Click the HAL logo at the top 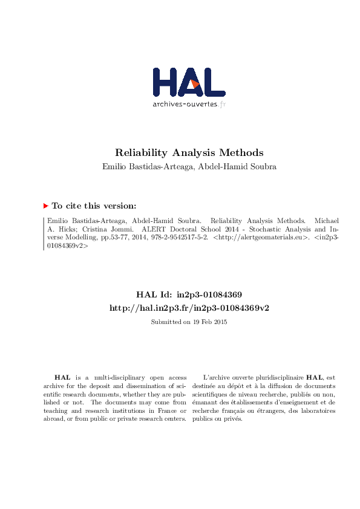tap(189, 82)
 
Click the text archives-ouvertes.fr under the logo tap(189, 104)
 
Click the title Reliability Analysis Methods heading tap(189, 153)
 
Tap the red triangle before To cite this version tap(45, 206)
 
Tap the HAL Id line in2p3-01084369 tap(189, 295)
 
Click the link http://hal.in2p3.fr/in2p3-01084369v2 tap(189, 308)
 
